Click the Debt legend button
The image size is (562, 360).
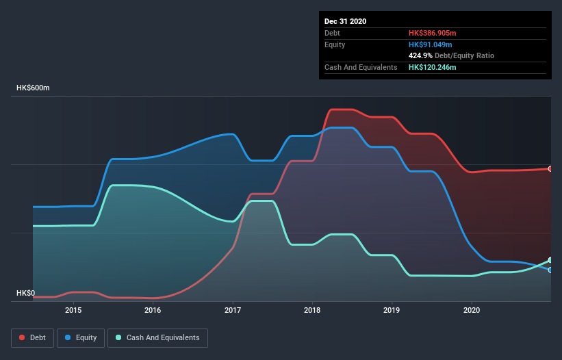[32, 337]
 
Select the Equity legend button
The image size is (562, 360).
[81, 337]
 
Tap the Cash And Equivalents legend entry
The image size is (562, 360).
[157, 337]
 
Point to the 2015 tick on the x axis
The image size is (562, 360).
[73, 310]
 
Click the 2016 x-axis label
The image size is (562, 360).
[153, 310]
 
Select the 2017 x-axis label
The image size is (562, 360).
[233, 310]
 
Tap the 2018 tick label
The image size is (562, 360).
[312, 310]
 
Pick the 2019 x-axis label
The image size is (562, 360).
[392, 310]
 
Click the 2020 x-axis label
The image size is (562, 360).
[472, 310]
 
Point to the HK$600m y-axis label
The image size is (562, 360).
[34, 88]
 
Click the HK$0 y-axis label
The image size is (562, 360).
[25, 293]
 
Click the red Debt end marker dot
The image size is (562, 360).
[550, 168]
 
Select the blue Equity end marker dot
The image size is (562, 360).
[550, 270]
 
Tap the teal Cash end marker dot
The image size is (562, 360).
[550, 260]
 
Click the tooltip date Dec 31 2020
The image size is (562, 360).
[346, 21]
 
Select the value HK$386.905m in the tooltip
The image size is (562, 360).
[433, 33]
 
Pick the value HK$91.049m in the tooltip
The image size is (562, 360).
[431, 44]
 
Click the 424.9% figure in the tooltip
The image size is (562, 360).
[421, 55]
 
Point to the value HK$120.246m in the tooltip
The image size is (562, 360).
[433, 67]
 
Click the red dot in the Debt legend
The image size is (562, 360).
[23, 337]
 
